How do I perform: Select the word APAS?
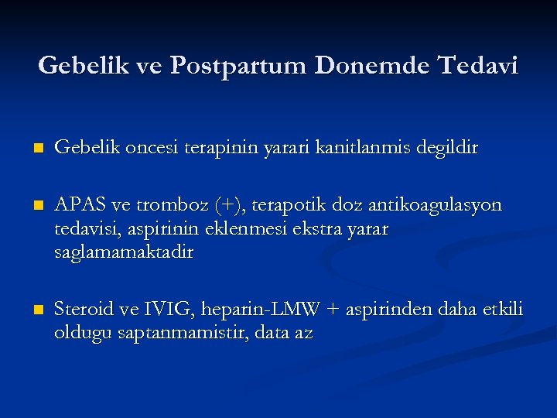pos(81,205)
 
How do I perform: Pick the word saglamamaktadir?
pos(124,252)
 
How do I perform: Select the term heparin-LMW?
pos(260,310)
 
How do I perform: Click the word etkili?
pos(502,310)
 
